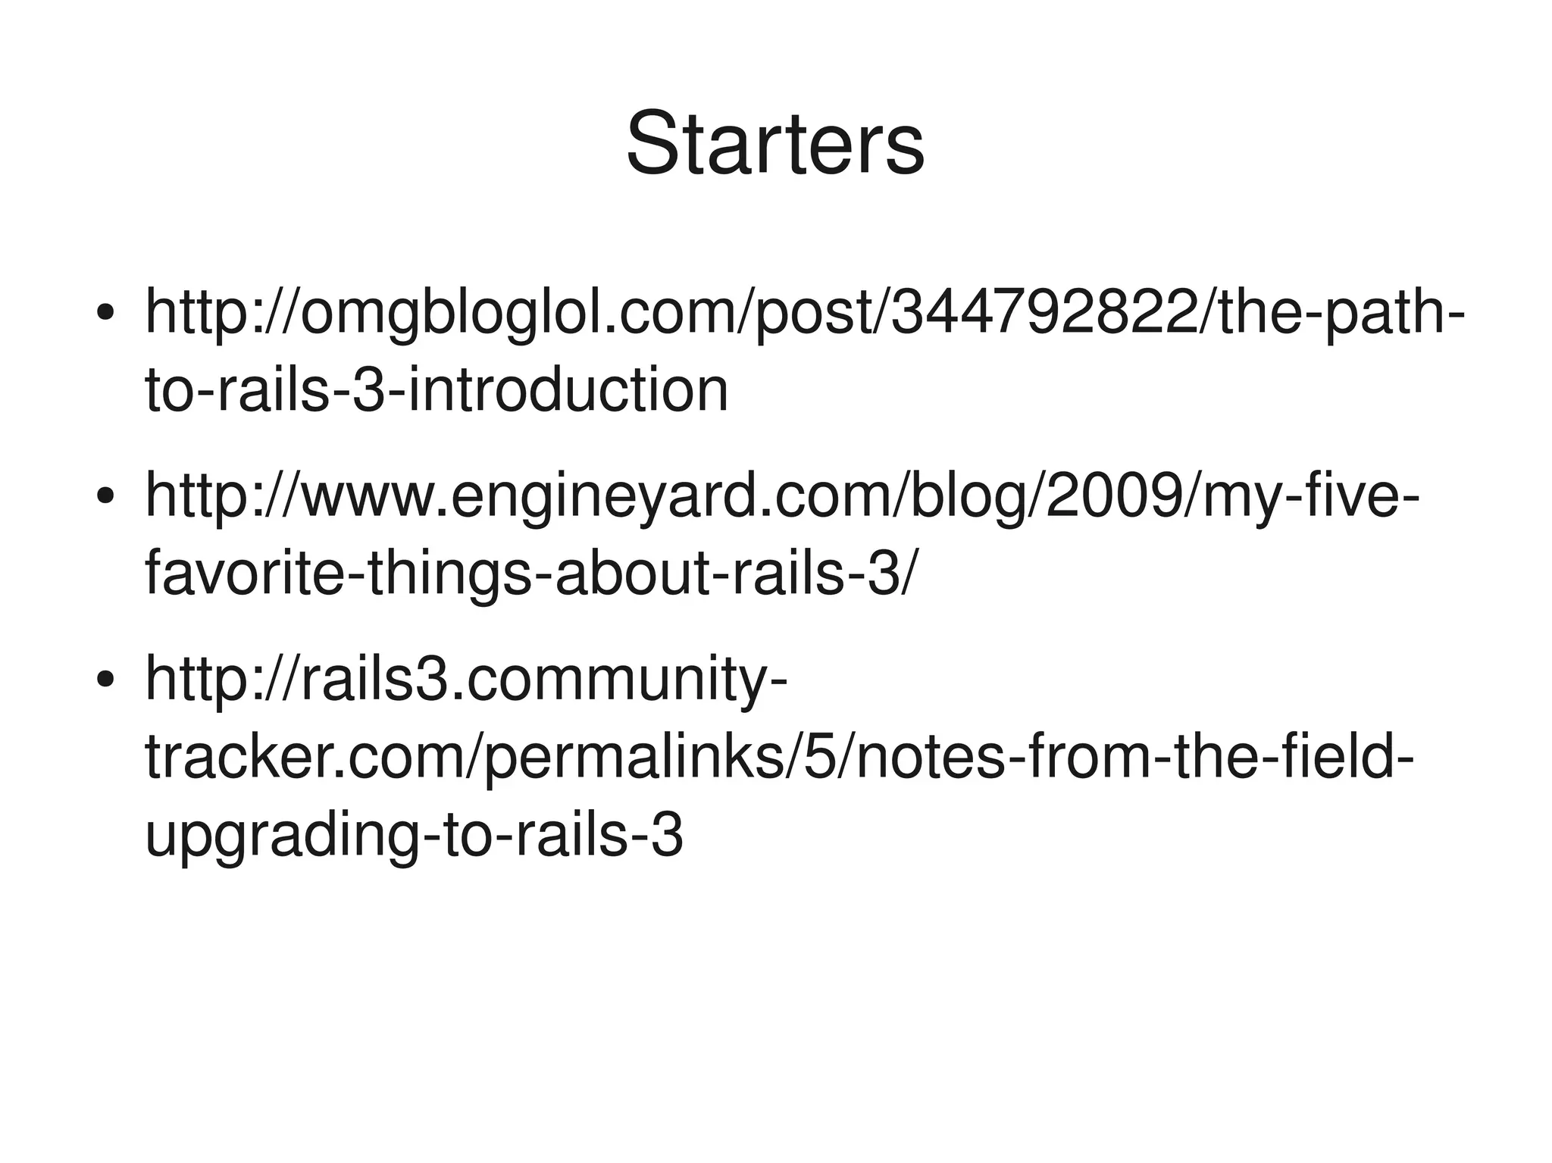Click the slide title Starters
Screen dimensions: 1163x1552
point(775,142)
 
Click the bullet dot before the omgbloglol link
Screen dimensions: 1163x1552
point(105,312)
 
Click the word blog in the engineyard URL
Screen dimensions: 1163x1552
point(962,496)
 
